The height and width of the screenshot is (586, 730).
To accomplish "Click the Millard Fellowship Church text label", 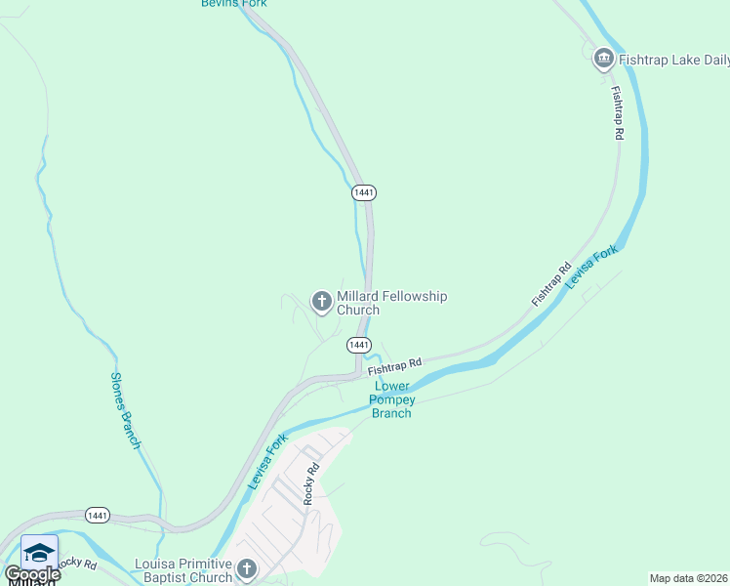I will point(391,303).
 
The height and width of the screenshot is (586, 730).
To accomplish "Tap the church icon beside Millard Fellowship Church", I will point(321,303).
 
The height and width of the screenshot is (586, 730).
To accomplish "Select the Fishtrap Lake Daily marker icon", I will point(603,60).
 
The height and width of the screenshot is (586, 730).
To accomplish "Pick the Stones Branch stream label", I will point(125,410).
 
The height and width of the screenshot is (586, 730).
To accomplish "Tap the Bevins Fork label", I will point(233,4).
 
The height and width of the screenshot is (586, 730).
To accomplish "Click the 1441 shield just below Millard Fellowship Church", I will point(359,345).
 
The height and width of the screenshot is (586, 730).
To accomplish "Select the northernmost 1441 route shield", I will point(363,192).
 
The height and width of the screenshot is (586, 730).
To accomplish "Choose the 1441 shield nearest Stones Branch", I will point(98,515).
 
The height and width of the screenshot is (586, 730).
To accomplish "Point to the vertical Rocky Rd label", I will point(311,483).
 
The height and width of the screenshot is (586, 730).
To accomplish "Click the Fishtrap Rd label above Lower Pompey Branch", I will point(394,367).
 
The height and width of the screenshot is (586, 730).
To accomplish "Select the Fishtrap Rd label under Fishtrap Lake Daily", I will point(617,113).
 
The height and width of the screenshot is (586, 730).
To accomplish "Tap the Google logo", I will point(32,574).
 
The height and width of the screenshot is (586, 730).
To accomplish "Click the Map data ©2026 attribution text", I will point(689,578).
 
